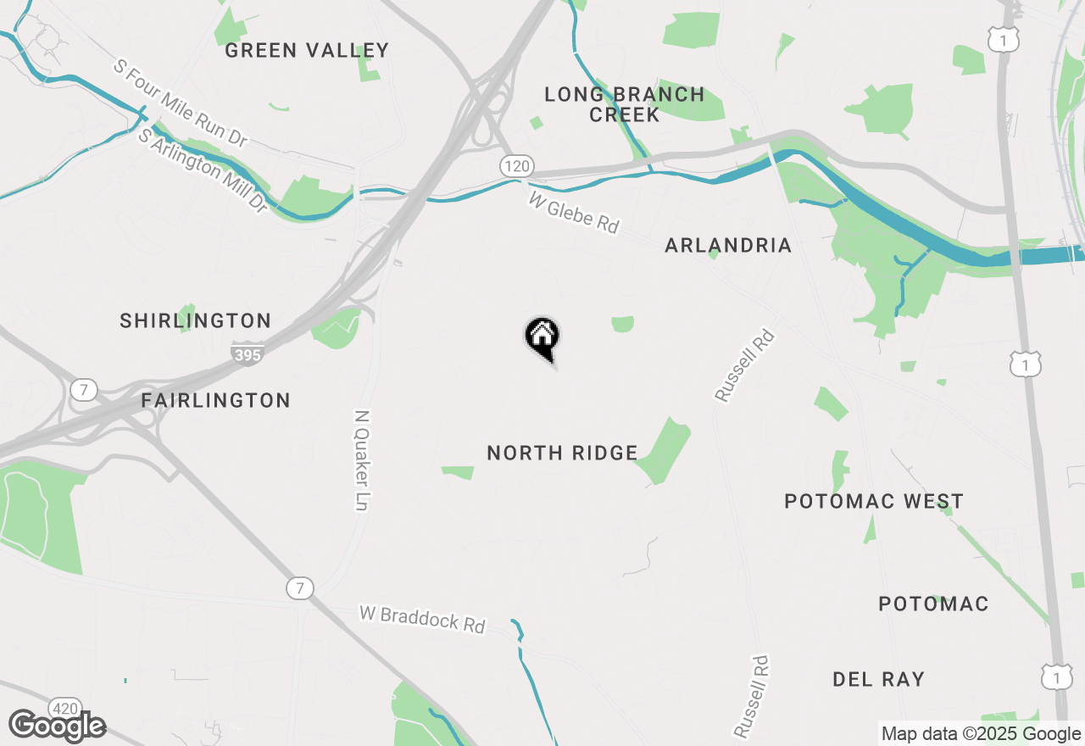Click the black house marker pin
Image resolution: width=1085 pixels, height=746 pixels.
point(542,337)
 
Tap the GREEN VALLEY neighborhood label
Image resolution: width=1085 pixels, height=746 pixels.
point(307,51)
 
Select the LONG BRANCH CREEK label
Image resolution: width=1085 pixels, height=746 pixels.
point(625,104)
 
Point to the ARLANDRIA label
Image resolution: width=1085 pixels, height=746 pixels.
point(728,246)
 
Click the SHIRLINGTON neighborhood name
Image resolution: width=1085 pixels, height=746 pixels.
point(195,320)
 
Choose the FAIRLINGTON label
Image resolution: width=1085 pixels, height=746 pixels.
point(215,400)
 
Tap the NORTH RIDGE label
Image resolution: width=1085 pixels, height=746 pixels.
point(562,453)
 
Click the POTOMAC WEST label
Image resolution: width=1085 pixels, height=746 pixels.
point(874,501)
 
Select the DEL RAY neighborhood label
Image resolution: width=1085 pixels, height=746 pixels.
point(878,679)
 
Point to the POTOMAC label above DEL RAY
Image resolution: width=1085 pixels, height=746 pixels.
point(933,604)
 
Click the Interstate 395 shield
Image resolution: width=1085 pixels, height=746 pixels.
point(247,354)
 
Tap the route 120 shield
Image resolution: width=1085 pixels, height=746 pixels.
point(516,166)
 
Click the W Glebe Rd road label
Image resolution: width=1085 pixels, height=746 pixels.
point(574,212)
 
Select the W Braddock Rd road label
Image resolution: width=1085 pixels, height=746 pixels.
point(421,619)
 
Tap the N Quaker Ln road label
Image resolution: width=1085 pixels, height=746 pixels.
point(362,460)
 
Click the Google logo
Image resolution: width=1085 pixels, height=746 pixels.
point(58,726)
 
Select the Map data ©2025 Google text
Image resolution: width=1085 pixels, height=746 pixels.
point(980,734)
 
